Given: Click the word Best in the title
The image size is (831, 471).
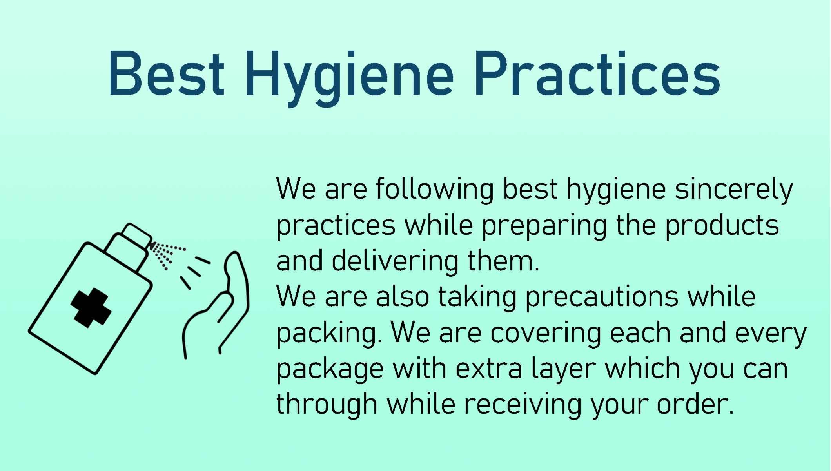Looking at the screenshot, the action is click(167, 74).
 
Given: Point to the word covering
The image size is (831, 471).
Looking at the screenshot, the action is click(544, 334).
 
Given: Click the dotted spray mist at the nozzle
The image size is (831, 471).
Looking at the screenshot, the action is click(167, 255).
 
